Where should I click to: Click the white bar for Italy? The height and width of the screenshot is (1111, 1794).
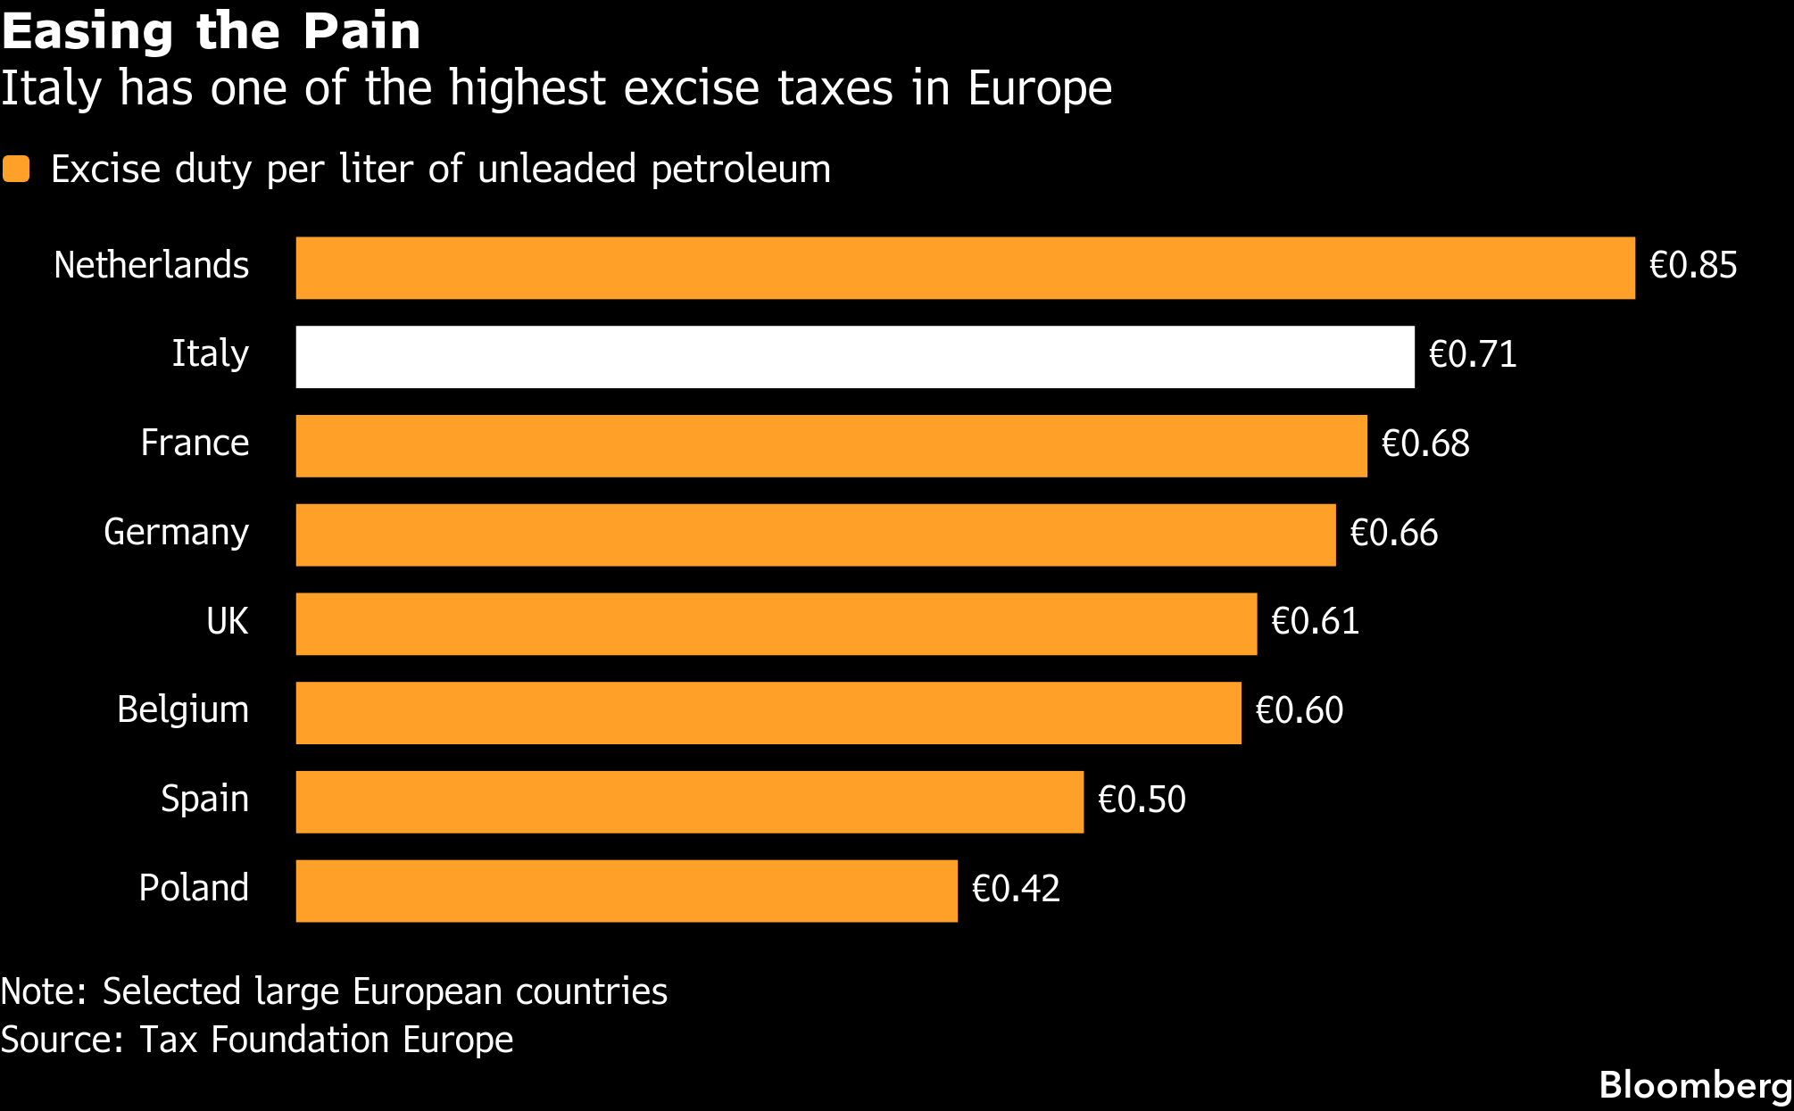coord(855,357)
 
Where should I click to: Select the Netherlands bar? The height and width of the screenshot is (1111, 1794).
coord(965,268)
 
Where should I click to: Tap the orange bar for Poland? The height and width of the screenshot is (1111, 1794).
coord(627,891)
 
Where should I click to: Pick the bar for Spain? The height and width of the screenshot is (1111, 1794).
coord(689,801)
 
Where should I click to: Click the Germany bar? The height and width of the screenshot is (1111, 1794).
coord(816,535)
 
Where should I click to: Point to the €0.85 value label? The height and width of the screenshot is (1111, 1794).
coord(1693,266)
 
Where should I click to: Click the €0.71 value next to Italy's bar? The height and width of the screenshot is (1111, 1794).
coord(1473,355)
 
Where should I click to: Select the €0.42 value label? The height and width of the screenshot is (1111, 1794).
coord(1016,889)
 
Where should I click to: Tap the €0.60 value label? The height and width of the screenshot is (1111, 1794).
coord(1299,711)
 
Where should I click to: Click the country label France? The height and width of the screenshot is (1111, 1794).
coord(195,444)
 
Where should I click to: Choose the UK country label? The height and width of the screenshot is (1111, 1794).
coord(227,621)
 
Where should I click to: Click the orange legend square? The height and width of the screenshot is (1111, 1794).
coord(16,169)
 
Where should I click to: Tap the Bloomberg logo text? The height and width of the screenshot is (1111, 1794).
coord(1695,1086)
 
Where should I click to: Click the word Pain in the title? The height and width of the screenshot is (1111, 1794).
coord(361,31)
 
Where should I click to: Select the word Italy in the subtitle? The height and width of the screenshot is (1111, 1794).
coord(52,88)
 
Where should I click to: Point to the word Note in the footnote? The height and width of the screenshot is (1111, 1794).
coord(42,992)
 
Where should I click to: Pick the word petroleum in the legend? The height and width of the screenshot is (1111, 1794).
coord(741,170)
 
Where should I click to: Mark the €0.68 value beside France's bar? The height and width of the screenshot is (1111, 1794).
coord(1425,444)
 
